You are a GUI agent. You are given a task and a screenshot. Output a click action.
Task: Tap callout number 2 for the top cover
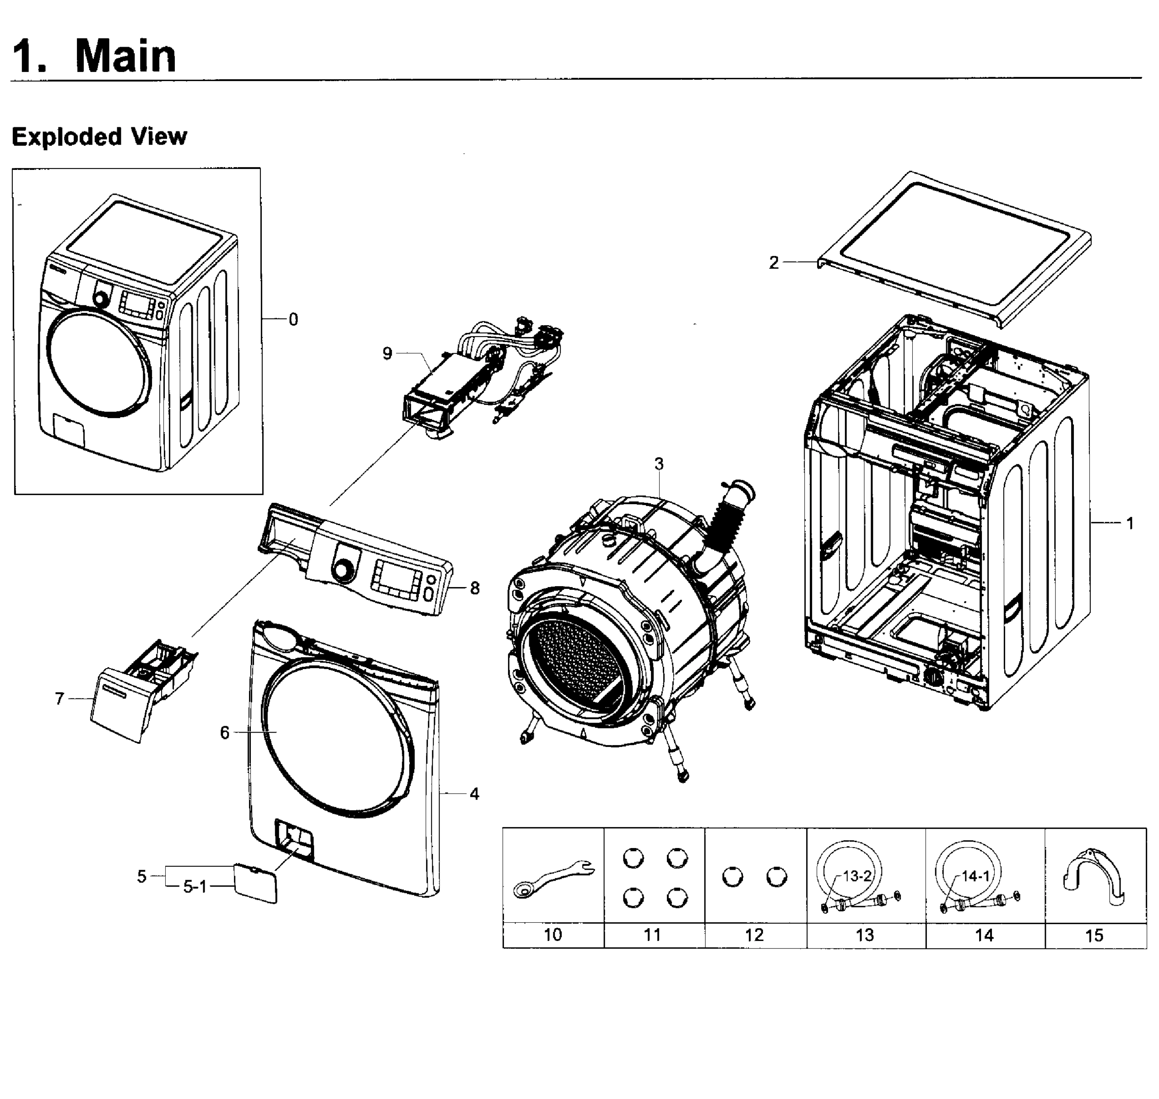click(774, 262)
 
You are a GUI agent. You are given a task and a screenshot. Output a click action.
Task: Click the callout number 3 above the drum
click(659, 463)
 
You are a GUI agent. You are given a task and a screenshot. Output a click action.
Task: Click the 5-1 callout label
click(195, 887)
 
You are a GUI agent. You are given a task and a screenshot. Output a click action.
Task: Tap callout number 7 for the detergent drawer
click(59, 698)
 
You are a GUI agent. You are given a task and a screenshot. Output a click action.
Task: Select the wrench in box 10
click(553, 878)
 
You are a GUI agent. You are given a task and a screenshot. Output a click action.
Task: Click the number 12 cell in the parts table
click(754, 935)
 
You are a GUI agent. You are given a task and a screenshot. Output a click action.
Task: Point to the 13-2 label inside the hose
click(857, 876)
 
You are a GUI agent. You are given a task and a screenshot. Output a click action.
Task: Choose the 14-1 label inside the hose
click(976, 876)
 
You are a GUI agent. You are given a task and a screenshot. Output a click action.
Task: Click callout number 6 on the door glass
click(225, 732)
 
